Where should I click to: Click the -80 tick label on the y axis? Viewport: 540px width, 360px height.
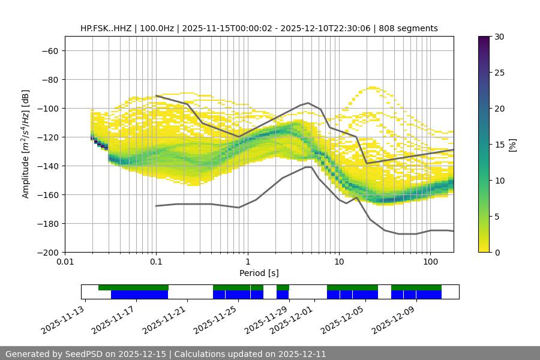coord(49,80)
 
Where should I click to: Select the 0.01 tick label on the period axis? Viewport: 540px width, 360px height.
coord(65,262)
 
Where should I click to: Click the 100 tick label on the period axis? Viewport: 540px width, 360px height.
coord(430,262)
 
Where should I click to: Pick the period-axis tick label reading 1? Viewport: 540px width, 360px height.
coord(248,262)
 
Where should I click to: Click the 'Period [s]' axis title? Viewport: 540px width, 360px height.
coord(259,273)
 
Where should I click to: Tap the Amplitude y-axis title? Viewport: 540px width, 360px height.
coord(26,144)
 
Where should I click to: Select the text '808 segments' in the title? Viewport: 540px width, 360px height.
coord(412,29)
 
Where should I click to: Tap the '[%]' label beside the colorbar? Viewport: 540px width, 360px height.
coord(513,145)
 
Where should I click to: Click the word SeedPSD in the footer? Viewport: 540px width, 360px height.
coord(85,354)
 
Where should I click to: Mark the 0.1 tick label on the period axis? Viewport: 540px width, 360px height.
coord(156,262)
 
